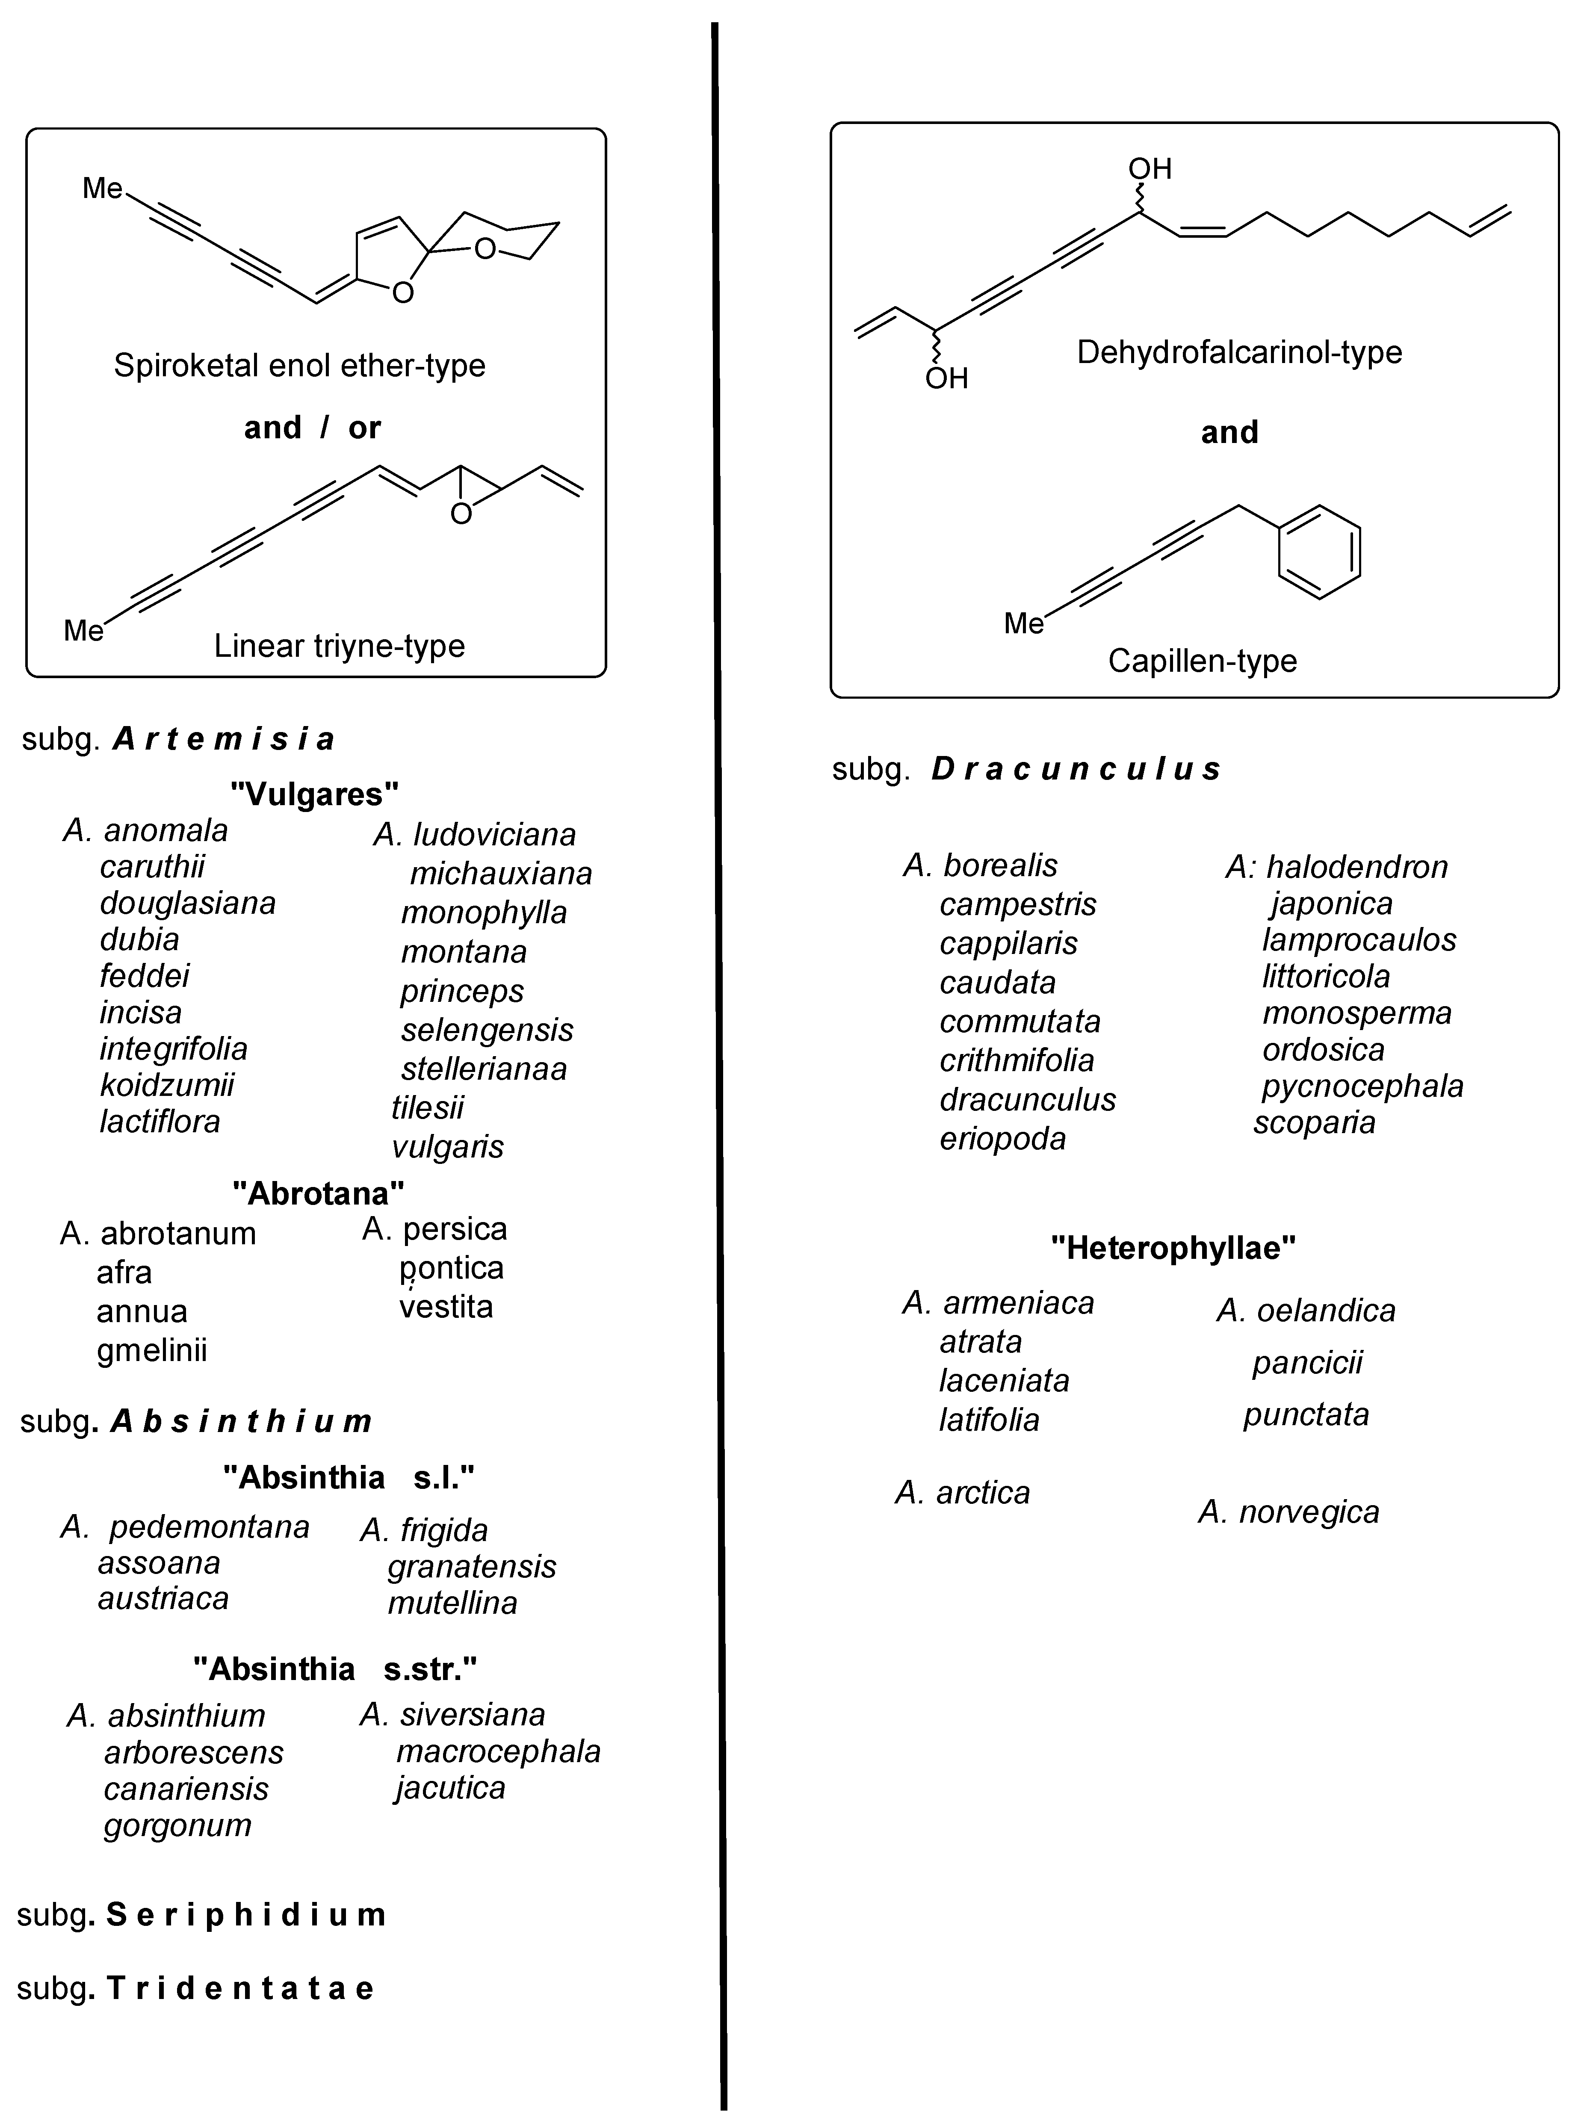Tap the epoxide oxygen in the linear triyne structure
[x=461, y=515]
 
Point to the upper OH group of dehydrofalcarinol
[x=1150, y=169]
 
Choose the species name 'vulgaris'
[x=447, y=1146]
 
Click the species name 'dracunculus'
[x=1027, y=1099]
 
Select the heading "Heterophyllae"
[x=1173, y=1248]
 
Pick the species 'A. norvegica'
[x=1288, y=1512]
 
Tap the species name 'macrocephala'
[x=498, y=1751]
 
